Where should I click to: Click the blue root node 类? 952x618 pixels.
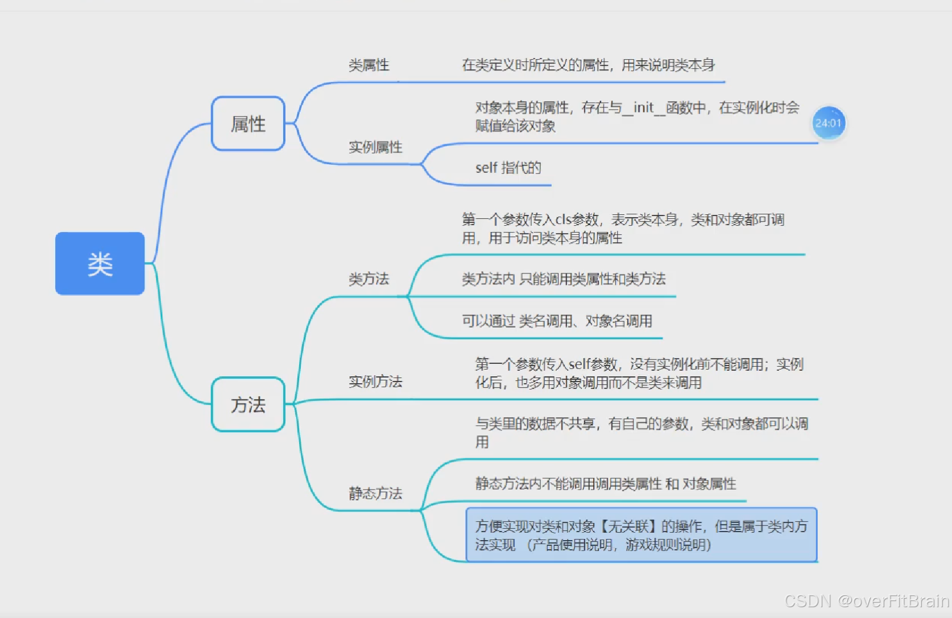click(x=100, y=263)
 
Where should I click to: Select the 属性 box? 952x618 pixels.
click(x=248, y=123)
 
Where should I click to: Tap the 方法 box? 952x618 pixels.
click(x=248, y=404)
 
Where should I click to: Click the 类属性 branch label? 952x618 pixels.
click(x=369, y=65)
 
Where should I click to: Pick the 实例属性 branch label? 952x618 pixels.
click(x=375, y=147)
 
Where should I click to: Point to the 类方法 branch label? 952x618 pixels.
click(x=369, y=279)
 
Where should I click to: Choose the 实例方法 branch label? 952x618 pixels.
click(x=375, y=381)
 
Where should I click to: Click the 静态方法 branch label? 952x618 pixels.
click(x=375, y=493)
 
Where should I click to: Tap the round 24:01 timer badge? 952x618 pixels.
click(x=828, y=123)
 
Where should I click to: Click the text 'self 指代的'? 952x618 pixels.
click(x=508, y=168)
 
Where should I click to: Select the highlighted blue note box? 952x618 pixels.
click(x=641, y=535)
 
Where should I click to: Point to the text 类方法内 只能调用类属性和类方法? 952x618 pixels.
click(x=564, y=279)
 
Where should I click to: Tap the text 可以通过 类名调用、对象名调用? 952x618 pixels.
click(x=557, y=321)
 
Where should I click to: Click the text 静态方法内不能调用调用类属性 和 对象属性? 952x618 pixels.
click(x=606, y=484)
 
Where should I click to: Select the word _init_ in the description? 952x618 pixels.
click(x=644, y=107)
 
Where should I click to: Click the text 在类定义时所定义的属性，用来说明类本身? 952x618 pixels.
click(x=588, y=65)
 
